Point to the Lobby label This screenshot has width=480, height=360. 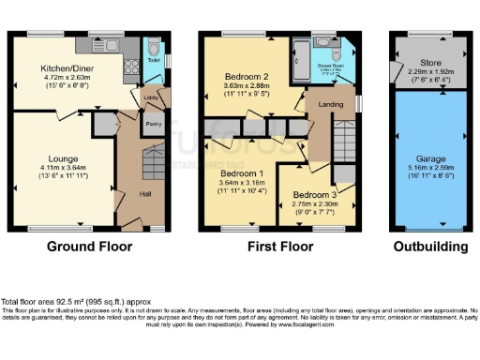click(151, 97)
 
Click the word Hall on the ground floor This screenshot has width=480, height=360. click(145, 194)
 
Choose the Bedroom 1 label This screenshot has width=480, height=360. click(241, 174)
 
